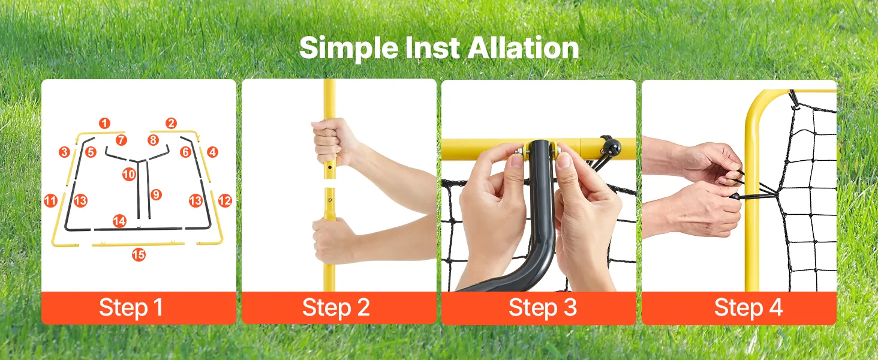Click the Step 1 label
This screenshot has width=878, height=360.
pyautogui.click(x=131, y=307)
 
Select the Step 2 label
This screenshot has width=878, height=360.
pyautogui.click(x=336, y=307)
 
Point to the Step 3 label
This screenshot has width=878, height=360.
pyautogui.click(x=543, y=307)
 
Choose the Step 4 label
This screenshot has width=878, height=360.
pyautogui.click(x=748, y=307)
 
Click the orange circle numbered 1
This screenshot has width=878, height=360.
pyautogui.click(x=104, y=123)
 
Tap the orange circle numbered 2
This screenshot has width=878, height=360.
pyautogui.click(x=171, y=123)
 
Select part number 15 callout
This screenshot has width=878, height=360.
pyautogui.click(x=139, y=255)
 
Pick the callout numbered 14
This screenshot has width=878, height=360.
pyautogui.click(x=119, y=221)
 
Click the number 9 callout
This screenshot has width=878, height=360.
pyautogui.click(x=156, y=194)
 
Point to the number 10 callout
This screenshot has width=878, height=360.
pyautogui.click(x=129, y=174)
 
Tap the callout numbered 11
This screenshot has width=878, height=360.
pyautogui.click(x=50, y=201)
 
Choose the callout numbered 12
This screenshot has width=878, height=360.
pyautogui.click(x=225, y=201)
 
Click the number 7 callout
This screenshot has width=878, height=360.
pyautogui.click(x=121, y=140)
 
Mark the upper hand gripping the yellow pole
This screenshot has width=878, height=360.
pyautogui.click(x=333, y=141)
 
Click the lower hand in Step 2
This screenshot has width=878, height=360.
pyautogui.click(x=333, y=240)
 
